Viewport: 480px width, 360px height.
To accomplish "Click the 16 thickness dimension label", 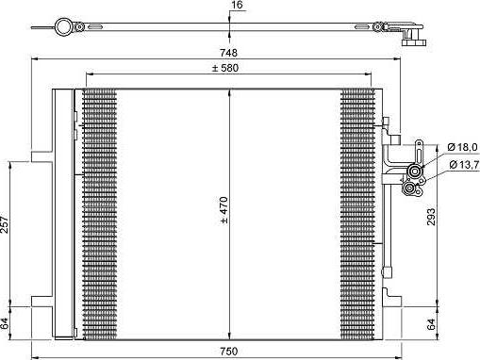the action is pyautogui.click(x=237, y=6).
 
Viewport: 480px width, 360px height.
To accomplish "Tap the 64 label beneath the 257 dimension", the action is pyautogui.click(x=5, y=322).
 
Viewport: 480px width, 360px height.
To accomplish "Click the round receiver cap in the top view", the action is pyautogui.click(x=63, y=25).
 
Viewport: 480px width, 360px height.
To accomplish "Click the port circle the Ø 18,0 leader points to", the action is pyautogui.click(x=412, y=172).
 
